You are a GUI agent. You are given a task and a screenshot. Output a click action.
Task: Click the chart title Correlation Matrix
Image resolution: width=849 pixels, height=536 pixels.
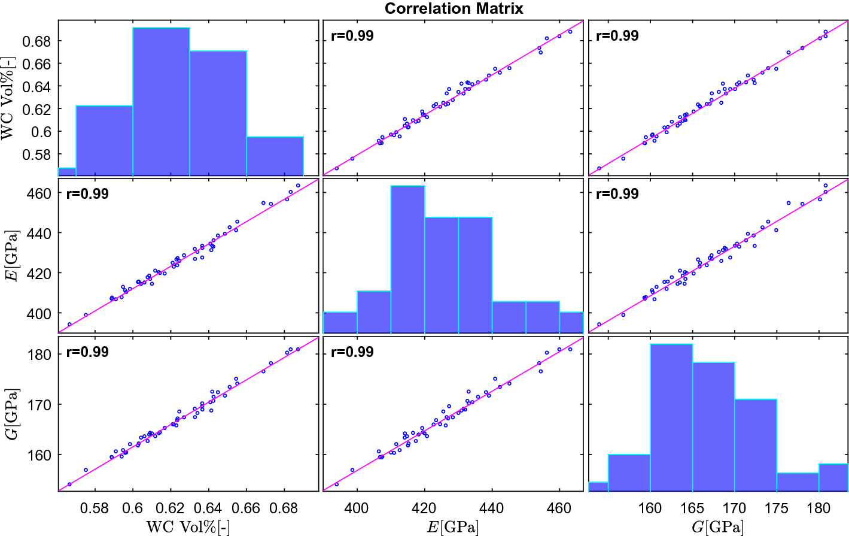tap(454, 8)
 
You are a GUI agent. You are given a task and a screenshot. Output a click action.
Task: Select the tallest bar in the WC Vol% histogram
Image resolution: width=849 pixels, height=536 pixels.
tap(161, 102)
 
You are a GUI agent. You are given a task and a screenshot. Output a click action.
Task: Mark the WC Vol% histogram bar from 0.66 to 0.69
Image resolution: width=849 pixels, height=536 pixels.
tap(275, 156)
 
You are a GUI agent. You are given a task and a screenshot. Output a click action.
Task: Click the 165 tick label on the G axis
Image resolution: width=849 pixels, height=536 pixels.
tap(692, 508)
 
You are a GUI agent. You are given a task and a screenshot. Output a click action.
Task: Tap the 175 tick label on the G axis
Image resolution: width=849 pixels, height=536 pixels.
tap(777, 508)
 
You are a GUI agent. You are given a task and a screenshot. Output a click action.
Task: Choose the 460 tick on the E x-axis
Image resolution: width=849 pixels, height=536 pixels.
tap(559, 508)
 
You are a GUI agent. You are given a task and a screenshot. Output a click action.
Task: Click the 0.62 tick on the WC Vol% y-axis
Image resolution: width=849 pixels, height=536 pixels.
tap(36, 109)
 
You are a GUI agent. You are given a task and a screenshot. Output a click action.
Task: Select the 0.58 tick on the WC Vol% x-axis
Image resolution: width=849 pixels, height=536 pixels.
tap(95, 508)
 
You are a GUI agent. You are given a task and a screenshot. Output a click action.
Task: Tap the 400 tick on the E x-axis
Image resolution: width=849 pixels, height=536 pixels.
tap(357, 508)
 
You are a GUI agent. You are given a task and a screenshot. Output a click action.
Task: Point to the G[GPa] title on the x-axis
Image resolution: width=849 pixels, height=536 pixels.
tap(718, 526)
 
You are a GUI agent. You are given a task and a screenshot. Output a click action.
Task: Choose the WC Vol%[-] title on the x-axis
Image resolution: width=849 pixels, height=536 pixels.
tap(188, 526)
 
